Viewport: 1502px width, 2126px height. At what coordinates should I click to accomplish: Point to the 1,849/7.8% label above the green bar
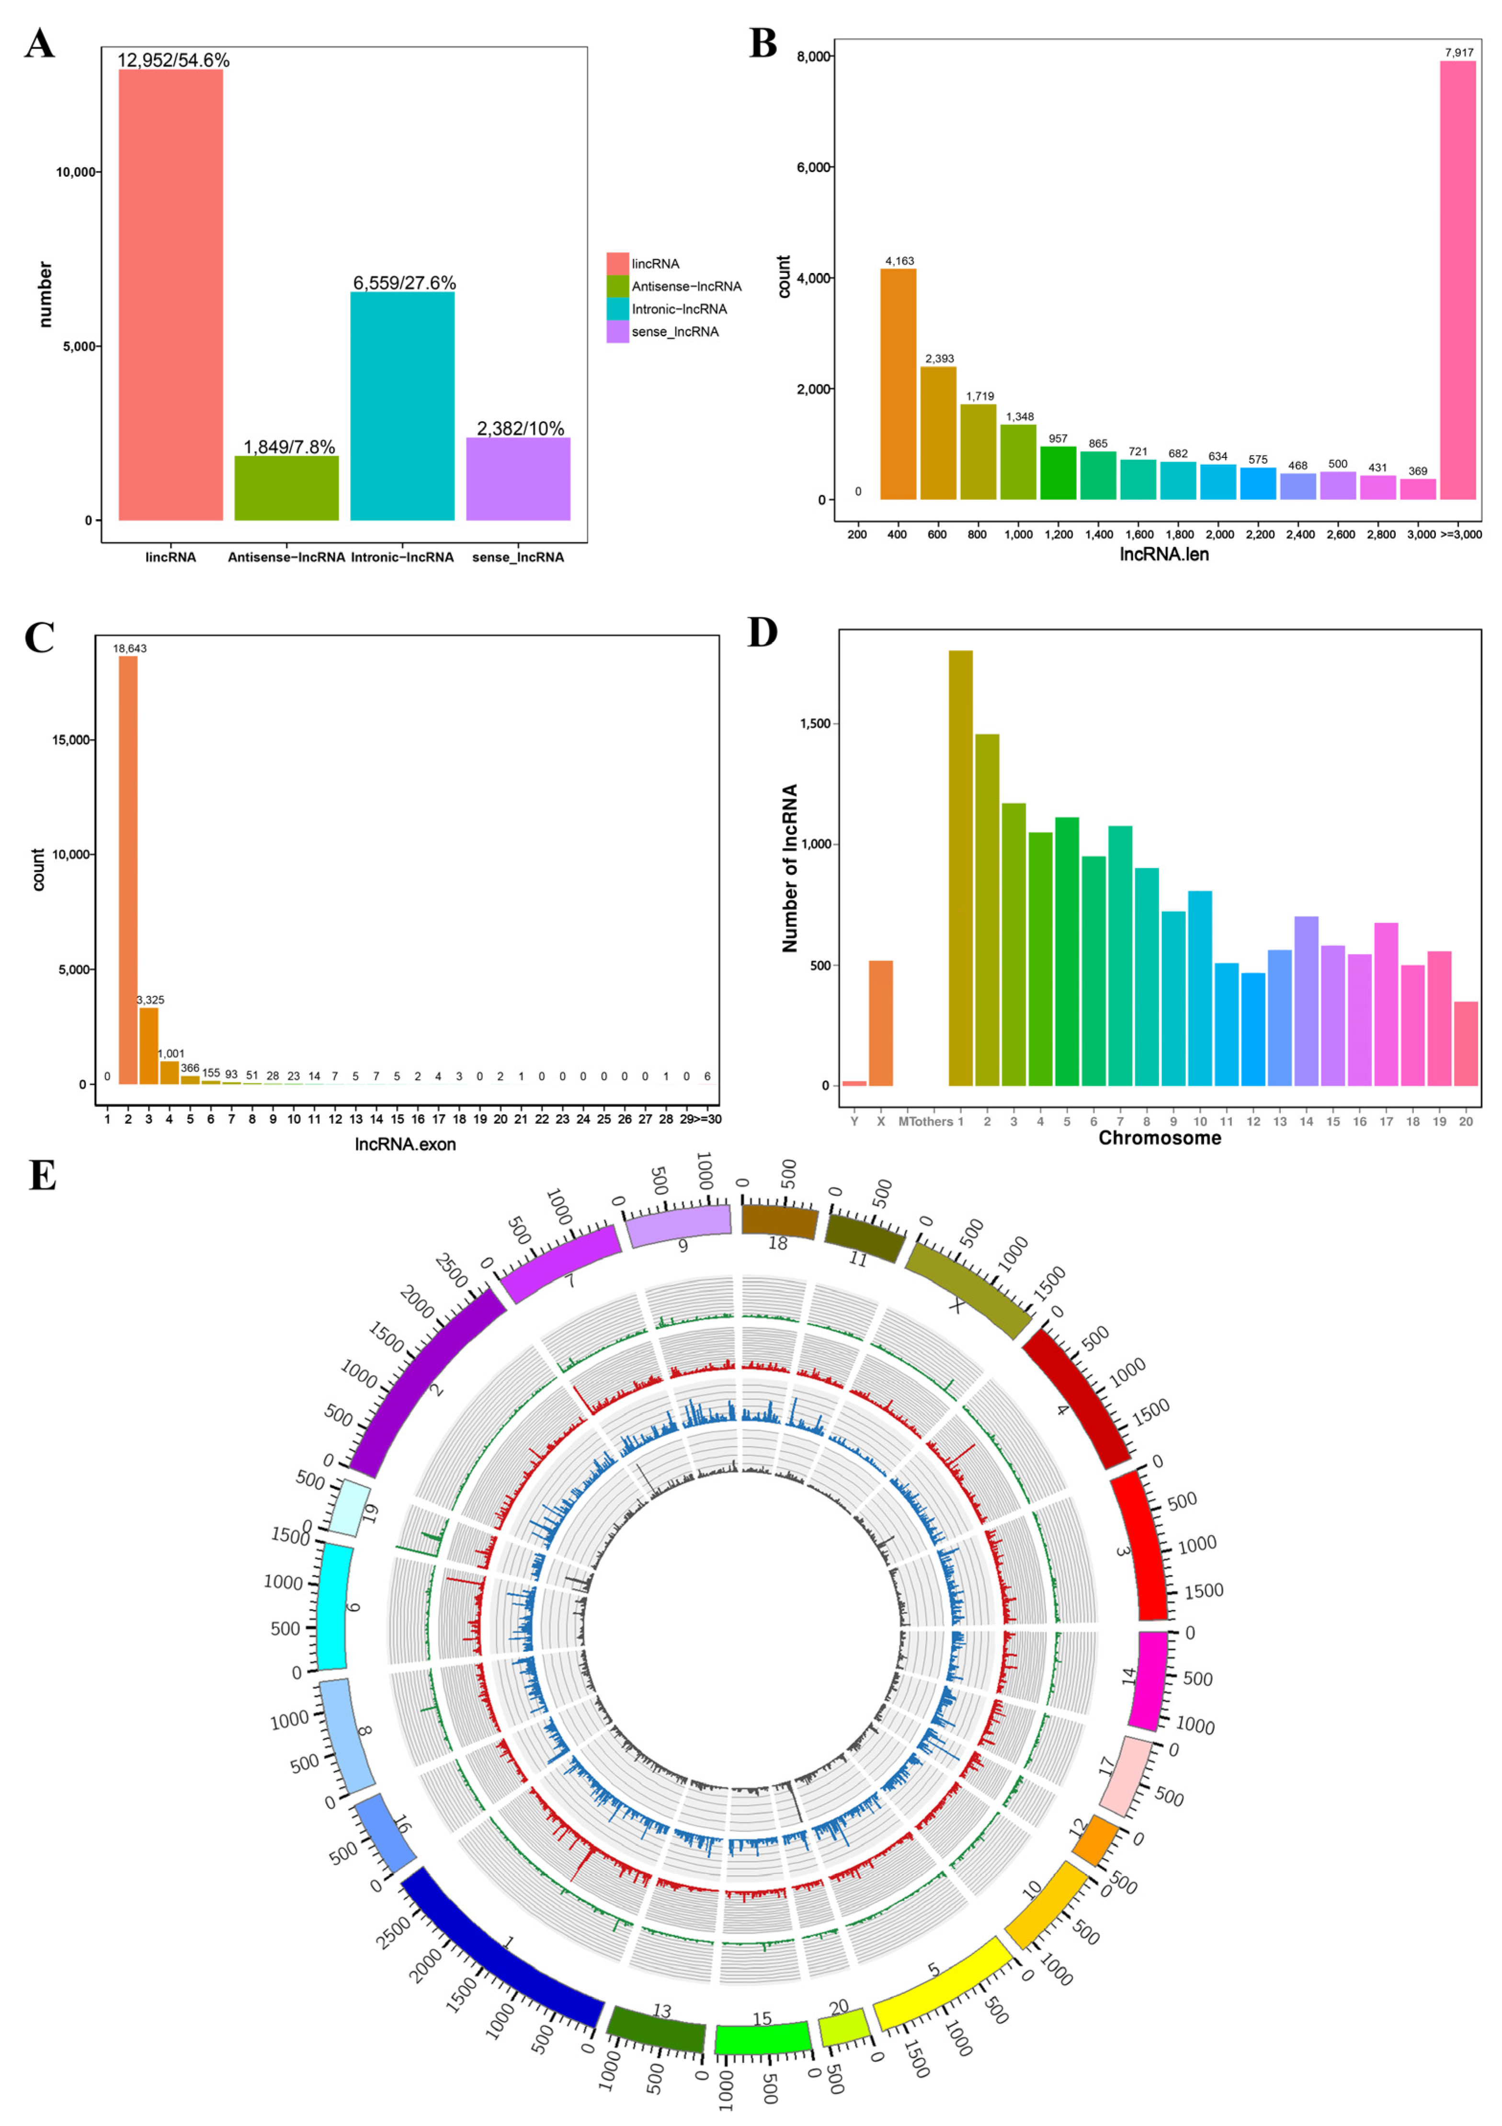pos(289,447)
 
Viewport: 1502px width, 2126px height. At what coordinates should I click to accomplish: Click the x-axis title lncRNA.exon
pos(405,1144)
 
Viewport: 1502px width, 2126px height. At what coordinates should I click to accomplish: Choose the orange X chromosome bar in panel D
pos(881,1023)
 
